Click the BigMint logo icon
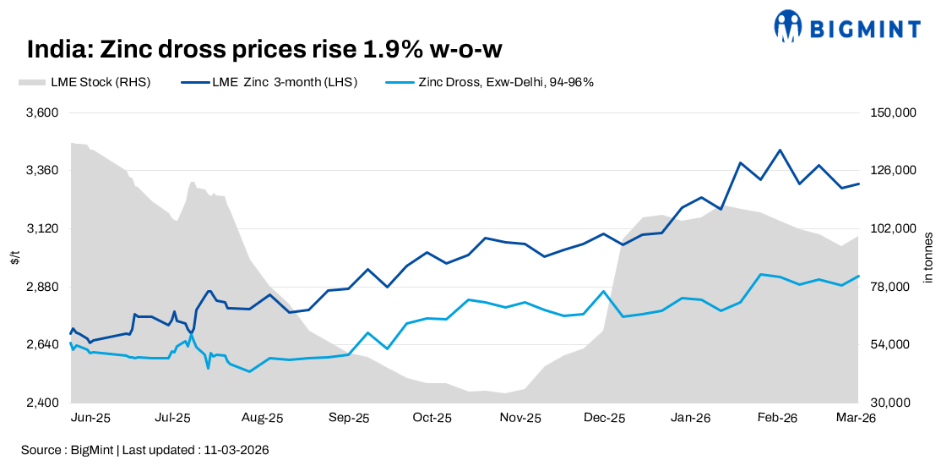787,26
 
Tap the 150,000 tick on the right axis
890,112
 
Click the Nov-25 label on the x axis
520,419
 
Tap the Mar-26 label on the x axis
855,419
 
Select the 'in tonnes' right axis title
927,257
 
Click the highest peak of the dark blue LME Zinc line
780,151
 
